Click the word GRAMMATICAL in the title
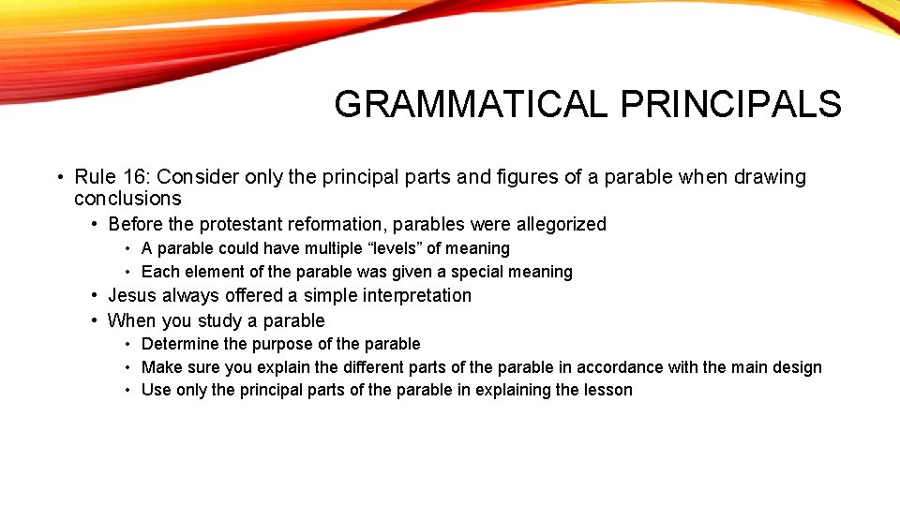click(471, 104)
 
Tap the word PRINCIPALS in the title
click(730, 104)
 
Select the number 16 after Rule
click(134, 177)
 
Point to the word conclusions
click(127, 199)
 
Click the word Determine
click(178, 344)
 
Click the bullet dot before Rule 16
click(59, 177)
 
